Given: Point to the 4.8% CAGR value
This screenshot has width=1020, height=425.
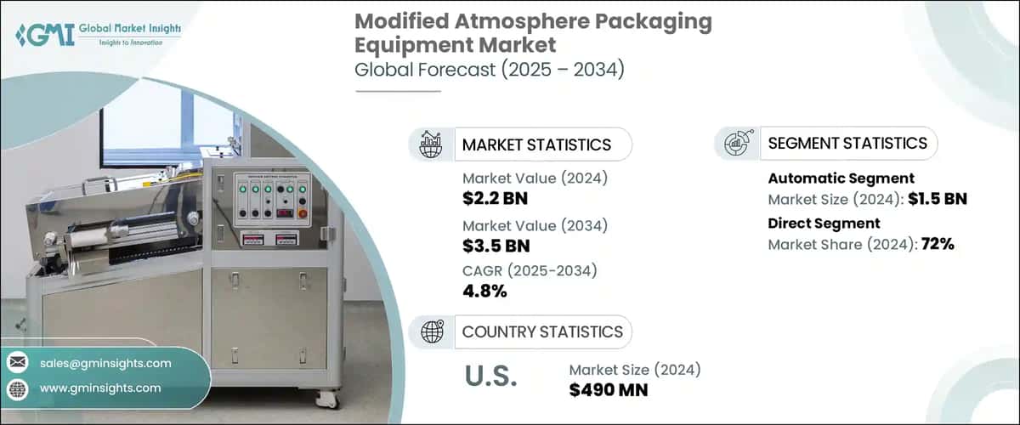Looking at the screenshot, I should point(484,292).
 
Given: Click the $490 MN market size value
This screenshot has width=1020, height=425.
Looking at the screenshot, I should point(609,390).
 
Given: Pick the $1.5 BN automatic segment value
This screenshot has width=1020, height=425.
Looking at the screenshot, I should point(937,200).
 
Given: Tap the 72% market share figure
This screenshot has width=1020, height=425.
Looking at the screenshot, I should point(935,244).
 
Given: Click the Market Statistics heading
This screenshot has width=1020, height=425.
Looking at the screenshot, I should point(535,144).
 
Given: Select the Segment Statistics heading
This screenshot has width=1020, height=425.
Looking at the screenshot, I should point(847,144).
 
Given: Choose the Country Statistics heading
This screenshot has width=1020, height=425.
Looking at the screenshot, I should point(541,331).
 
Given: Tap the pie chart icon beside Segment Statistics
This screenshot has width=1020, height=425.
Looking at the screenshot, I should point(736,144).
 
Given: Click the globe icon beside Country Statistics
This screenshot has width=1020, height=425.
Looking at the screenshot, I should point(433,331).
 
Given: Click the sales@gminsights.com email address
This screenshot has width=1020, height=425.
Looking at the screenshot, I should point(105,364).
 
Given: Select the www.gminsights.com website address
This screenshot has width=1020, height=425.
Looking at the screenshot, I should point(100,388).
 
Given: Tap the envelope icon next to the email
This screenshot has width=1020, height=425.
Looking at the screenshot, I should point(17,364).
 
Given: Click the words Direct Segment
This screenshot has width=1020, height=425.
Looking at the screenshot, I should point(824,224).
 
